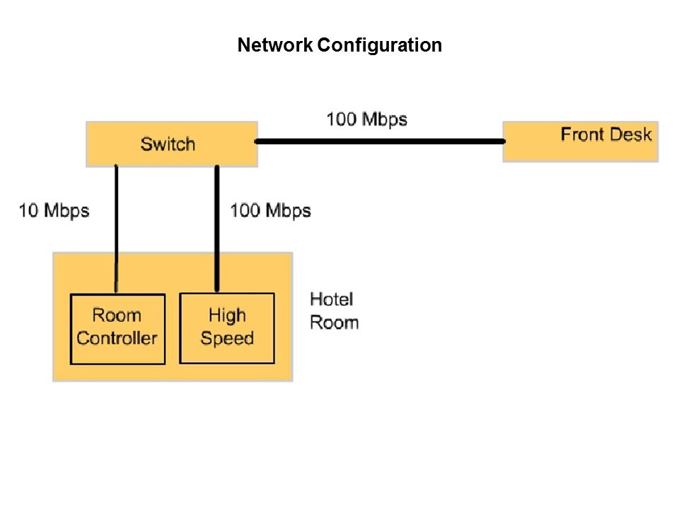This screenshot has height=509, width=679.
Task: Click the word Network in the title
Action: coord(274,46)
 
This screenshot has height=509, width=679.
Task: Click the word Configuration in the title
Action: coord(379,46)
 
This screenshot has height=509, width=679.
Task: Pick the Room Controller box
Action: coord(117,329)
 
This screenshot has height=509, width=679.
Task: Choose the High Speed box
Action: coord(227,329)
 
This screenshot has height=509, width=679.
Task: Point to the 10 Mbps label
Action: coord(54,210)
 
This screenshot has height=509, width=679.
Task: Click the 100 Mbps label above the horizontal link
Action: coord(366,119)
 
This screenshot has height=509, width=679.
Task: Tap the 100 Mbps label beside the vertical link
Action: coord(270,210)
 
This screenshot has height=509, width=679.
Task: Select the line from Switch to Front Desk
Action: coord(380,141)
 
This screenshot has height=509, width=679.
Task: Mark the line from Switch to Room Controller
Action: coord(116,226)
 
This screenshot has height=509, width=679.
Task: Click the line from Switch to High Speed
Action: coord(217,226)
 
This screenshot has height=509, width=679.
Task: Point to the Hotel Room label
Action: coord(334,311)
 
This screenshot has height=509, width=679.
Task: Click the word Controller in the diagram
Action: coord(117,338)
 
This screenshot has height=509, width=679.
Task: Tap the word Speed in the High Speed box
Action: coord(227,338)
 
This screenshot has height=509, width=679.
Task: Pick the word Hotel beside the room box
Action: coord(332,300)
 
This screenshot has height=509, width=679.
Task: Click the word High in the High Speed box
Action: coord(227,315)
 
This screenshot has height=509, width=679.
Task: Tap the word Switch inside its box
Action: coord(168,144)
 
